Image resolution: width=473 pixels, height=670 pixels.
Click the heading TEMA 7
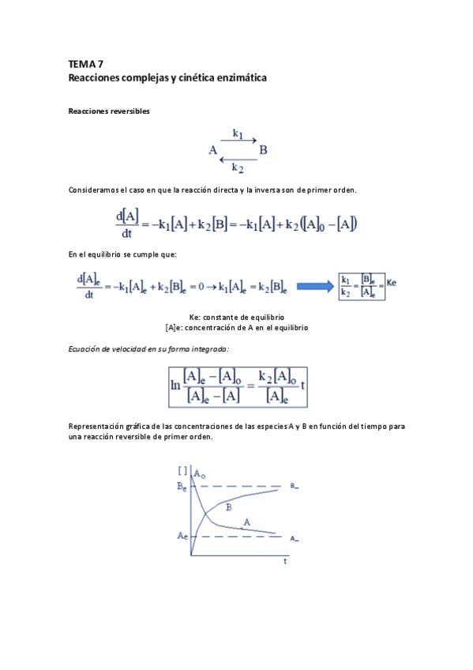[85, 63]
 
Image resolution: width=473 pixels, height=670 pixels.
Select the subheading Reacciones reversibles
[109, 111]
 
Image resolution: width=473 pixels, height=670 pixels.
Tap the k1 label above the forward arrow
[238, 133]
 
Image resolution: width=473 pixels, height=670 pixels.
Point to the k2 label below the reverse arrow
[238, 167]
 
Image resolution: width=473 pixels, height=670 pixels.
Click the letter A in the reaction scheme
[212, 150]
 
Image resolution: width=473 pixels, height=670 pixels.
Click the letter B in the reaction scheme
[264, 150]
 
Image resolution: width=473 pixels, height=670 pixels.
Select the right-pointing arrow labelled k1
[238, 141]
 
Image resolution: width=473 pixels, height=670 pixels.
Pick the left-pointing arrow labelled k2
[238, 159]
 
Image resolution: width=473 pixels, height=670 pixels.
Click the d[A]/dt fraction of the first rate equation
[127, 224]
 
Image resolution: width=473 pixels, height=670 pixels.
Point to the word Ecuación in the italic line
[86, 348]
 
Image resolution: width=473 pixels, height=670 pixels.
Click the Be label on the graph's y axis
[182, 487]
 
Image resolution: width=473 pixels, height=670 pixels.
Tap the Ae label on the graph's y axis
[182, 536]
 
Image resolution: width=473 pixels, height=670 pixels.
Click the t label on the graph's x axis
[285, 563]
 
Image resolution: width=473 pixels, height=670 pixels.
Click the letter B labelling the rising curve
[228, 506]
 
